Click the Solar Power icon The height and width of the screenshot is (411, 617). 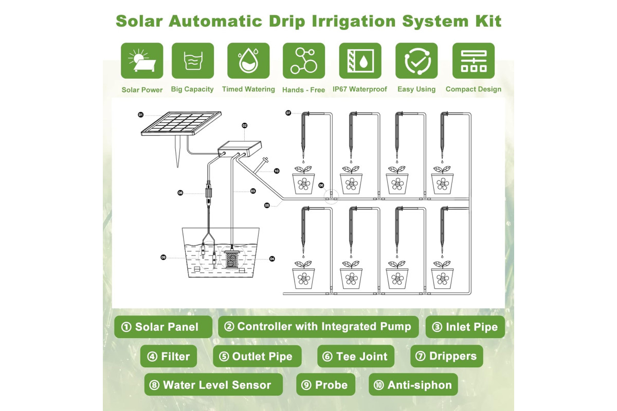(142, 61)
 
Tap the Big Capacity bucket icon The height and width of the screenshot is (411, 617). (193, 61)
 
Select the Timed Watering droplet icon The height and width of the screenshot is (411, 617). (248, 61)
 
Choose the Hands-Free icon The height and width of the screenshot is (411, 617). (304, 61)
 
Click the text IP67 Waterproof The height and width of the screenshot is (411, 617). (360, 89)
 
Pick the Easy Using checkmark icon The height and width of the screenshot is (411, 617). (416, 61)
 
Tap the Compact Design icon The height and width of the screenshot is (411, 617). (474, 61)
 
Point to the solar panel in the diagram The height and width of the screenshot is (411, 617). (181, 123)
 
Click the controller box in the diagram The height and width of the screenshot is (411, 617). (240, 149)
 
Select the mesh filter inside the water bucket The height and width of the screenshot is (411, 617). (231, 259)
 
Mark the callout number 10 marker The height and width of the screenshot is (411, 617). (277, 171)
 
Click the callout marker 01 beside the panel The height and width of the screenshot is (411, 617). (141, 115)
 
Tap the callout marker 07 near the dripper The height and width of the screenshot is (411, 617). (288, 113)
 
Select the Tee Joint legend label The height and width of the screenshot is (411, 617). (356, 356)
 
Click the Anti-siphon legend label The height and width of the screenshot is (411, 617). (413, 385)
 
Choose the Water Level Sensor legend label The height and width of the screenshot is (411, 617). (213, 385)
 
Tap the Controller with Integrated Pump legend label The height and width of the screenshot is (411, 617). (318, 327)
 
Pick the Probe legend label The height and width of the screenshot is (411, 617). (325, 385)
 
